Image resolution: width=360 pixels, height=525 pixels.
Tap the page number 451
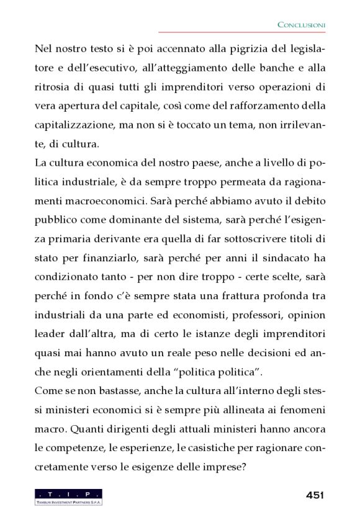315,495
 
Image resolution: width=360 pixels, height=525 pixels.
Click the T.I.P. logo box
69,493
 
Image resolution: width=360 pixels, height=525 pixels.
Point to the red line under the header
242,32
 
